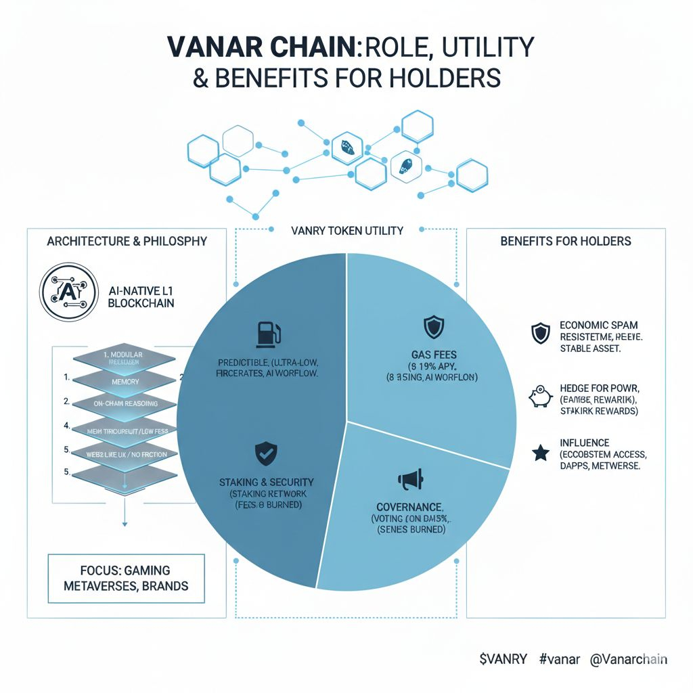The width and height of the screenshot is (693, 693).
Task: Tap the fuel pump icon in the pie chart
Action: point(265,334)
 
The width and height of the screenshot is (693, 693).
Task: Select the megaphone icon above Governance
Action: point(410,479)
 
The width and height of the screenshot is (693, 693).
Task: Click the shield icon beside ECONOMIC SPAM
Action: point(539,333)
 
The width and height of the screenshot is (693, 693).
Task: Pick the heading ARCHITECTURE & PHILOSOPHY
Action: point(127,242)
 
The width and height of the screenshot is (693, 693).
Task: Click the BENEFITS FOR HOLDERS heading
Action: point(566,241)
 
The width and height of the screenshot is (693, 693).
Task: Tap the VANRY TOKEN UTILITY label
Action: point(346,231)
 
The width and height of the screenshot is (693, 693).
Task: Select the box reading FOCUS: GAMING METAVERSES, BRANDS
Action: point(127,578)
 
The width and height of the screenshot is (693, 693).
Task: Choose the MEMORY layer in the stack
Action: point(123,382)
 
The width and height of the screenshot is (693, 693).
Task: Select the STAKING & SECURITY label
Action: point(266,481)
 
